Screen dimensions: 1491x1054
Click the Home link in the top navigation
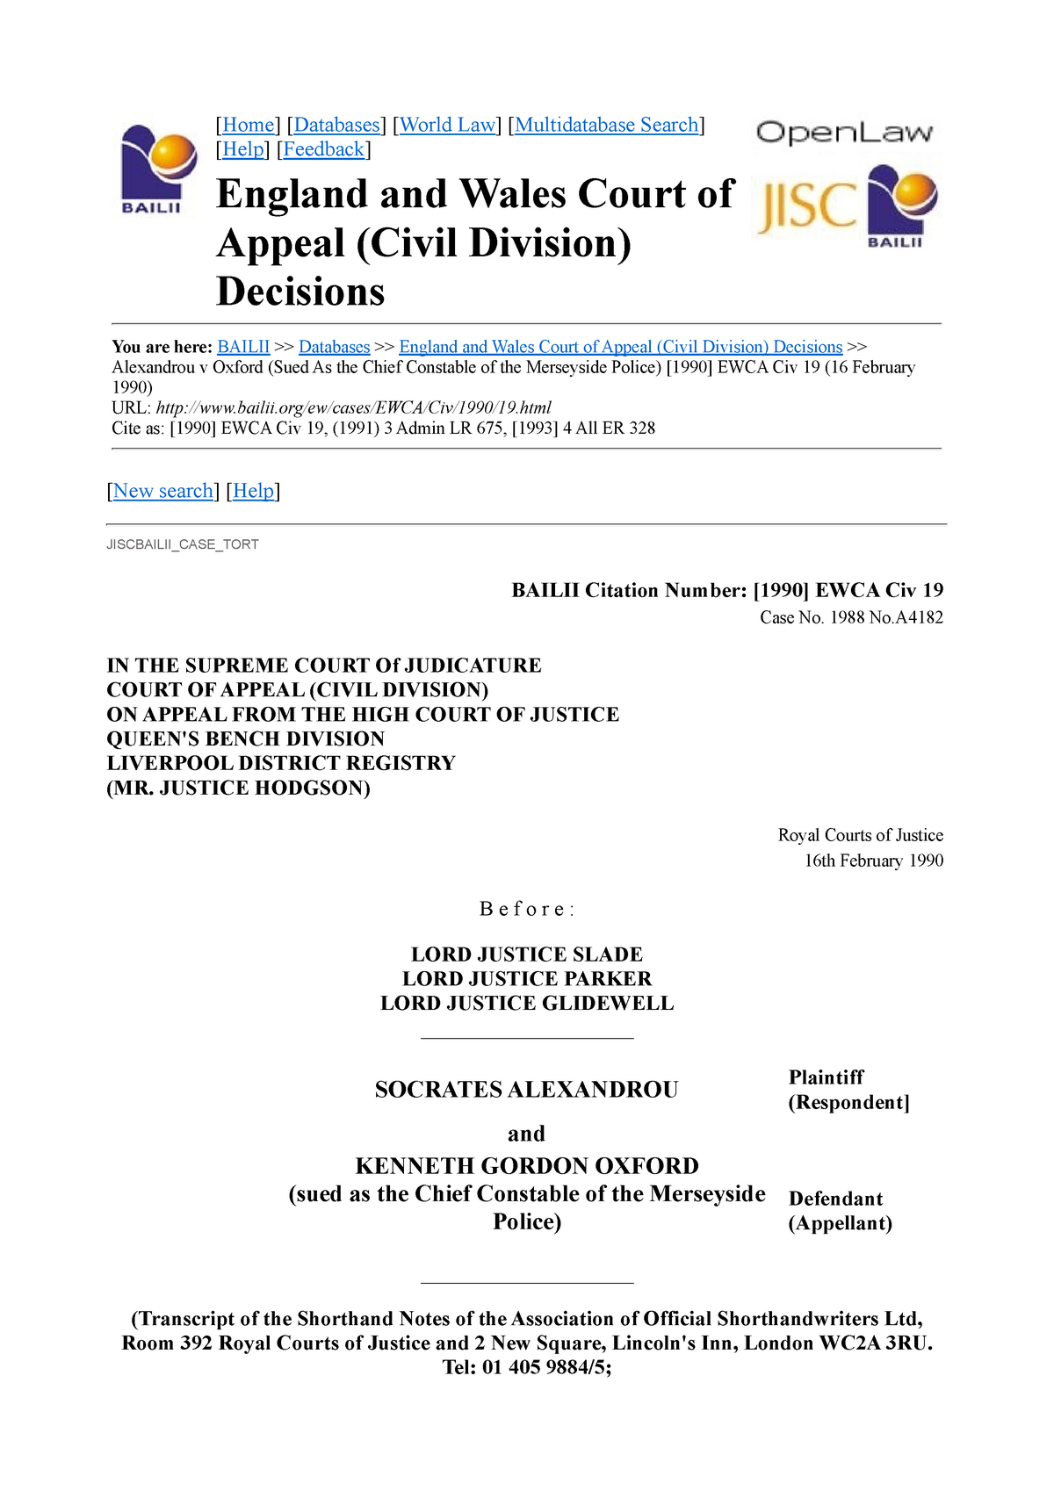click(x=249, y=126)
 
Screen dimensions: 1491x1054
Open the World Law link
click(x=448, y=126)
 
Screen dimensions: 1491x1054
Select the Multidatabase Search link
click(x=606, y=126)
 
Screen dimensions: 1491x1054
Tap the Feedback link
click(x=323, y=150)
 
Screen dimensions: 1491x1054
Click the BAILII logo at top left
click(x=152, y=169)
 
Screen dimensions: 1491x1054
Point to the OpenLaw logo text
click(x=844, y=133)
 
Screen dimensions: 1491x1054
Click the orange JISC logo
click(x=806, y=206)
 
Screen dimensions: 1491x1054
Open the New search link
click(x=163, y=491)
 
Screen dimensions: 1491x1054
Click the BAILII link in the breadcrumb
click(x=243, y=347)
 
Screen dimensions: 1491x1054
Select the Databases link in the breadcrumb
click(x=334, y=347)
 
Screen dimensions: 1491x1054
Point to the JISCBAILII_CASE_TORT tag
click(x=183, y=545)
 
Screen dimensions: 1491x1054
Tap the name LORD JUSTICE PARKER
click(x=527, y=979)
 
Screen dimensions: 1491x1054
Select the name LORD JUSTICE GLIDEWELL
click(x=527, y=1004)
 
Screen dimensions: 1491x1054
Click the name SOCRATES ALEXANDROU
click(x=526, y=1090)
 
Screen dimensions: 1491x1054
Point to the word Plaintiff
click(x=826, y=1077)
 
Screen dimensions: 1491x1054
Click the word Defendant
click(x=835, y=1199)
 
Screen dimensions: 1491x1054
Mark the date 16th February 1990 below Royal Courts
click(x=873, y=861)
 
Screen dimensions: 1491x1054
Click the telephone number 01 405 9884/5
click(x=544, y=1368)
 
